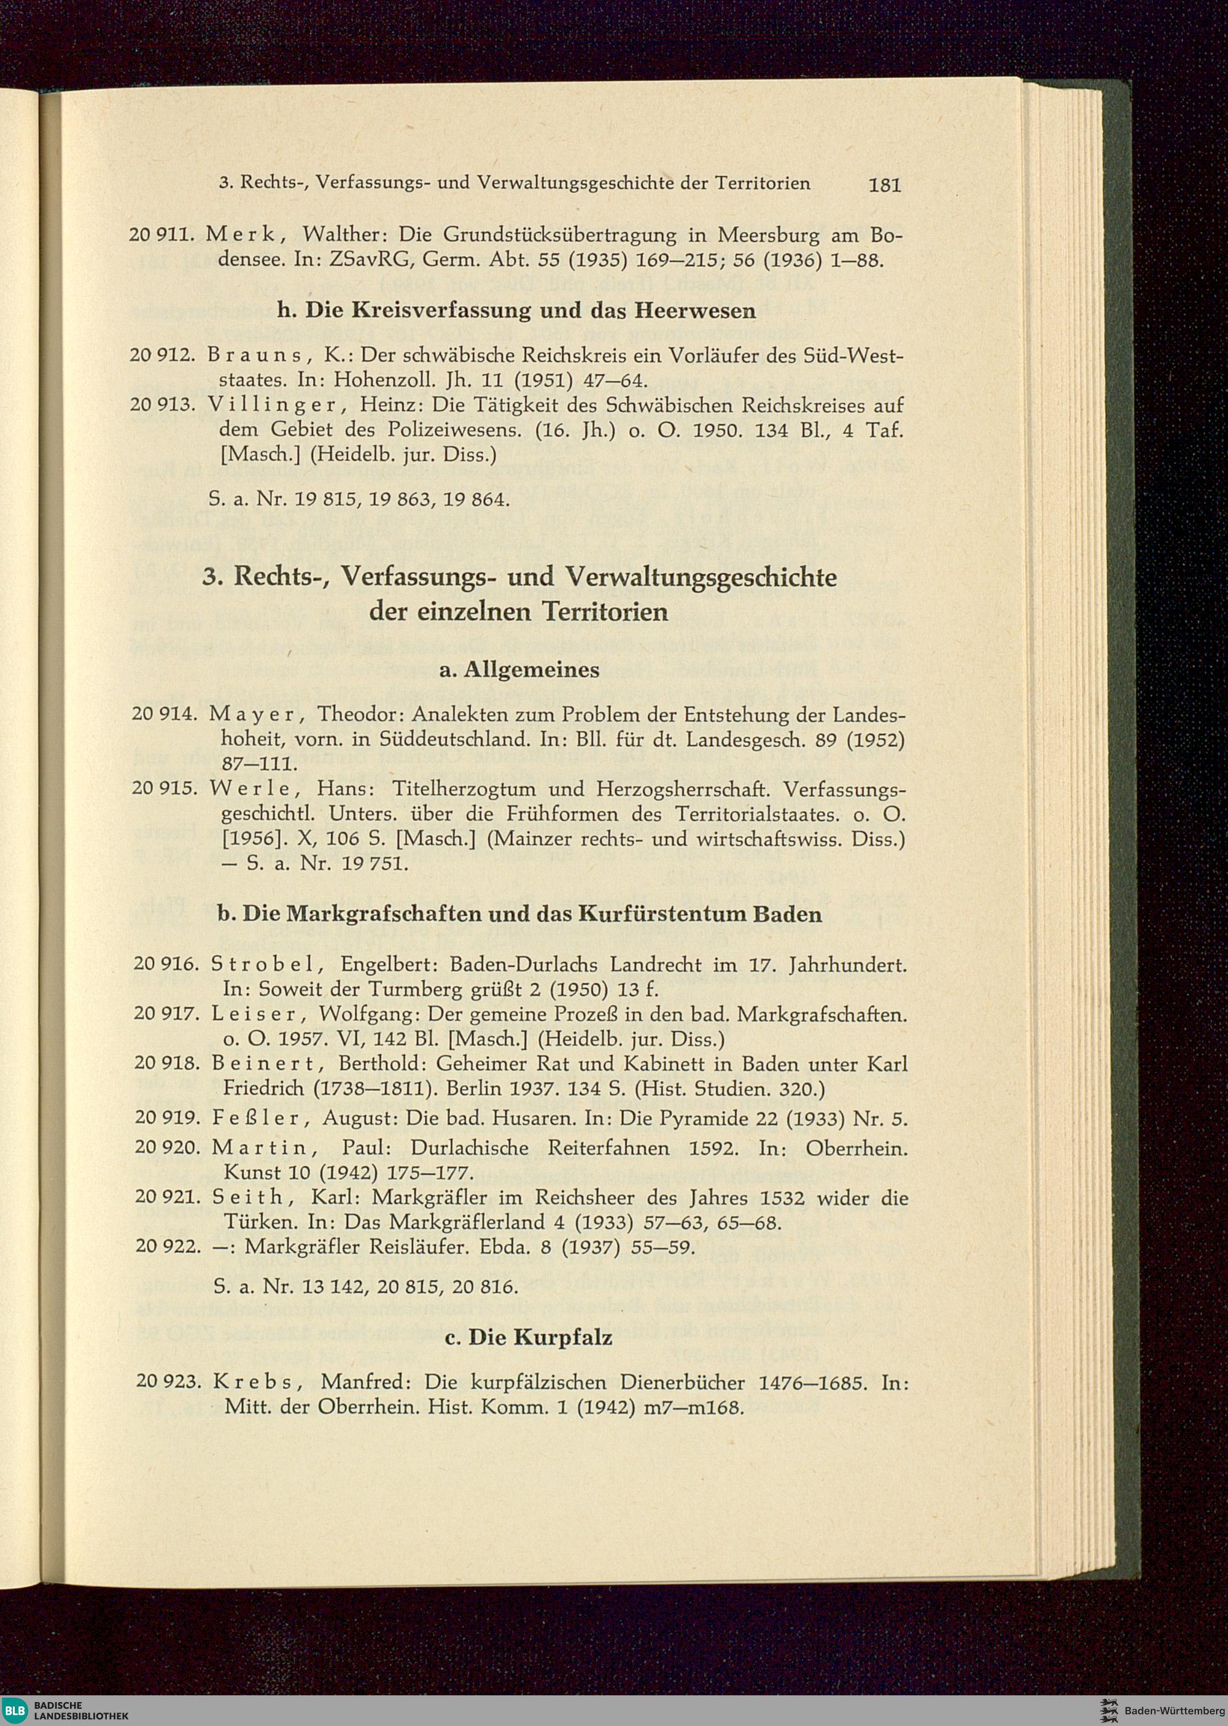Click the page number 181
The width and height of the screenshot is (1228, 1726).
(x=885, y=185)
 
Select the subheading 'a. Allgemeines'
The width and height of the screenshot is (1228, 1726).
(x=519, y=669)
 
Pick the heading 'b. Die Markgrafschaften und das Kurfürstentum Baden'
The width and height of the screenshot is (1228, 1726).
(x=519, y=914)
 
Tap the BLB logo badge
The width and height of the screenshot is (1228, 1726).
(x=14, y=1709)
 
